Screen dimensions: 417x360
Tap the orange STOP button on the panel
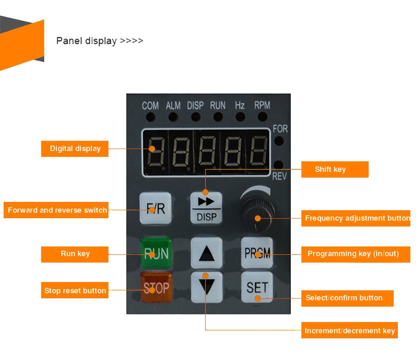[156, 287]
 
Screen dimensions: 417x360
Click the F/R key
[156, 209]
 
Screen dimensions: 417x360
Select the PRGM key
[257, 253]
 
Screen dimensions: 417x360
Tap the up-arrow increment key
[206, 253]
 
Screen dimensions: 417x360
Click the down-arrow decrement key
[206, 287]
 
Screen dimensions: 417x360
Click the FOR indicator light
[279, 141]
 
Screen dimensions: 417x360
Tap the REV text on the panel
[279, 176]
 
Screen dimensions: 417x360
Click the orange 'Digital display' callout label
[75, 149]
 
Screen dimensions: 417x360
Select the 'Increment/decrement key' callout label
[349, 330]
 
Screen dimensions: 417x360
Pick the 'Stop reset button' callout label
[75, 290]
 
